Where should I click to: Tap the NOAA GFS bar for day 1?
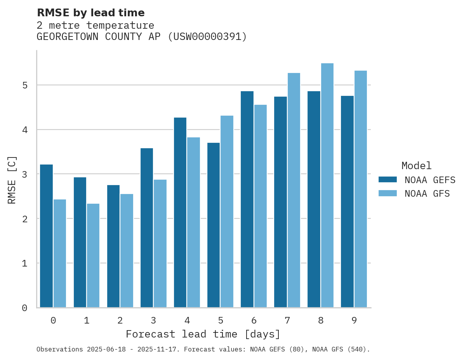point(93,256)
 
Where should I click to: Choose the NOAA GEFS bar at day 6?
point(247,199)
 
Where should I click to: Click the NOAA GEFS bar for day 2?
point(113,246)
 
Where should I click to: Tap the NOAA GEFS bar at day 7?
point(280,202)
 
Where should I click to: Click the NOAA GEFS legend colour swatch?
point(388,180)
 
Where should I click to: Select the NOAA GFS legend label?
point(427,194)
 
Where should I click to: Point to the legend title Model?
point(416,166)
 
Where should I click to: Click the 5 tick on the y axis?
point(24,85)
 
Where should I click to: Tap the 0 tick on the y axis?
point(24,308)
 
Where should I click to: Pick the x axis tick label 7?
point(287,320)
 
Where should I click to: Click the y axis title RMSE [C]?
point(12,180)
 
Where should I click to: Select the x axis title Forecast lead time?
point(203,334)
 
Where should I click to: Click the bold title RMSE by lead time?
point(91,13)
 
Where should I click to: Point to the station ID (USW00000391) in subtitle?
point(207,37)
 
